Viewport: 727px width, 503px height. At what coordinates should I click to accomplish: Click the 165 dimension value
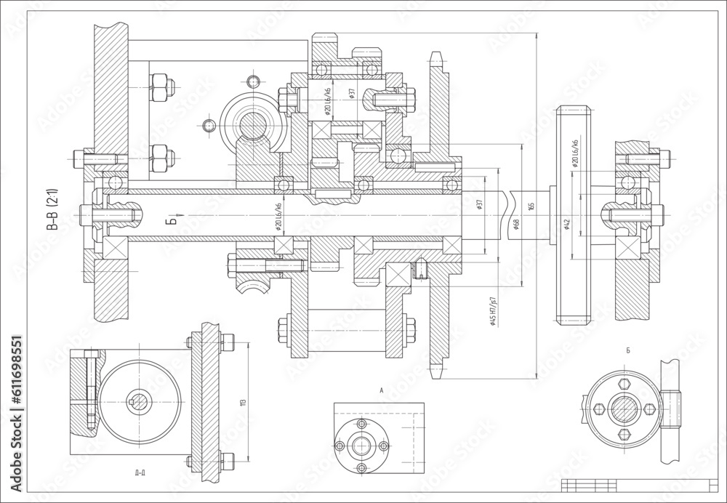531,208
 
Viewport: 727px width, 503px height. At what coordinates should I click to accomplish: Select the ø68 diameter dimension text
515,224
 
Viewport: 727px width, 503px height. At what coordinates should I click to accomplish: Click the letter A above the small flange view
381,390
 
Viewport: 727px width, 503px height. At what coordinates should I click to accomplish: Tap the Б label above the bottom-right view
627,351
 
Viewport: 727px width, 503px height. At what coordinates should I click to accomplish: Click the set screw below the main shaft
419,271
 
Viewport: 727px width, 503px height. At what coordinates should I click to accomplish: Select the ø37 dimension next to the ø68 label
479,205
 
